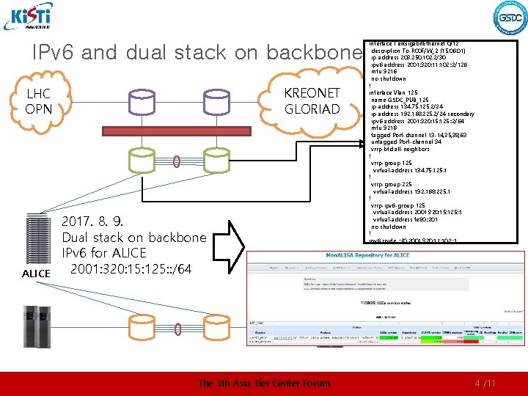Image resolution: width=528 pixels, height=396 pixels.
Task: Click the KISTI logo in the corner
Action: [27, 16]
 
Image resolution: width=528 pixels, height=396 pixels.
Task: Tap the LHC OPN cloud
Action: [37, 102]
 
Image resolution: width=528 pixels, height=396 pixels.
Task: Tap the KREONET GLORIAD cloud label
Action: [312, 101]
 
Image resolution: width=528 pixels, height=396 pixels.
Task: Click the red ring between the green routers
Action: [177, 161]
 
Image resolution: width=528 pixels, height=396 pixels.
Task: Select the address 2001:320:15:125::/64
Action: [131, 269]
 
